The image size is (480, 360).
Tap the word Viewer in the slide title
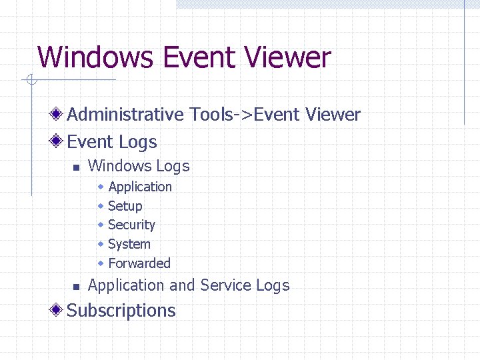[x=289, y=57]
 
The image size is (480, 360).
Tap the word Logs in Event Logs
[x=138, y=142]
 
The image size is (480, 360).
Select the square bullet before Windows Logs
[x=76, y=167]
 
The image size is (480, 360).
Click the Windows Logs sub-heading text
[x=139, y=166]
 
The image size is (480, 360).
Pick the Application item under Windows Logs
[x=140, y=187]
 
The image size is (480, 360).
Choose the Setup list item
[x=125, y=206]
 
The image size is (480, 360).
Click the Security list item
[x=131, y=225]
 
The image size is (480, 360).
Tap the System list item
[x=129, y=244]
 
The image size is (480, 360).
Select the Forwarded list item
[x=139, y=263]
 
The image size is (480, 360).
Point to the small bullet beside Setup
[x=101, y=205]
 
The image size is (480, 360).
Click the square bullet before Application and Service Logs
[x=76, y=287]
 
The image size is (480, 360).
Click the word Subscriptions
[x=121, y=311]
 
